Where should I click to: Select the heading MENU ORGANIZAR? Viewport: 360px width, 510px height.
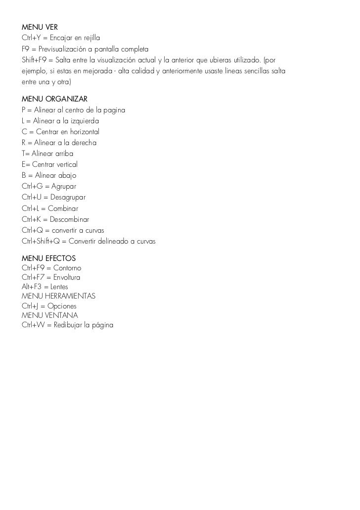(x=54, y=99)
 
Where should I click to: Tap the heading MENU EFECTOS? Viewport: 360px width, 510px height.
(x=48, y=258)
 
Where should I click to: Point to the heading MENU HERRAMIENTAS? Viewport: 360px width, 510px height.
(x=58, y=296)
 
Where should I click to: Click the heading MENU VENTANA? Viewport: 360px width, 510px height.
(x=50, y=315)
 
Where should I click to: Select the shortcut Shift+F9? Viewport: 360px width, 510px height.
(x=34, y=60)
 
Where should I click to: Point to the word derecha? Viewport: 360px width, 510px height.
(x=82, y=143)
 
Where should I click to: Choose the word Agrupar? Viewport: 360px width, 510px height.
(x=64, y=186)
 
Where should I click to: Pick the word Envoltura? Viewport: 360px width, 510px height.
(x=67, y=277)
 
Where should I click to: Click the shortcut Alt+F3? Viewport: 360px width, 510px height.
(x=31, y=287)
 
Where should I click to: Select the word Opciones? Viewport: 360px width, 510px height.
(x=62, y=306)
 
